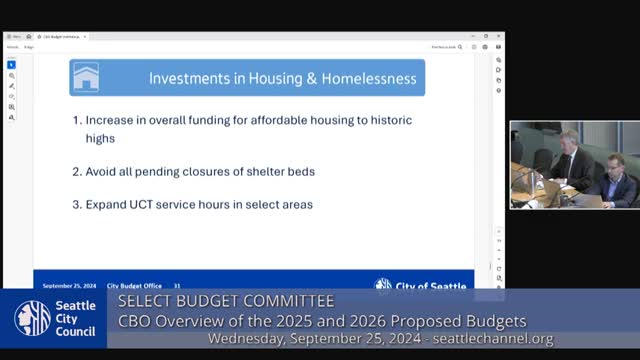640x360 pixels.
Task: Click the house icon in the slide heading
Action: (x=86, y=77)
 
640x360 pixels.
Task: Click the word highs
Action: (x=100, y=139)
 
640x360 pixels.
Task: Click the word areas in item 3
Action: (x=297, y=205)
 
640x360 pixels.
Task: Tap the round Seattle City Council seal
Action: (x=32, y=319)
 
